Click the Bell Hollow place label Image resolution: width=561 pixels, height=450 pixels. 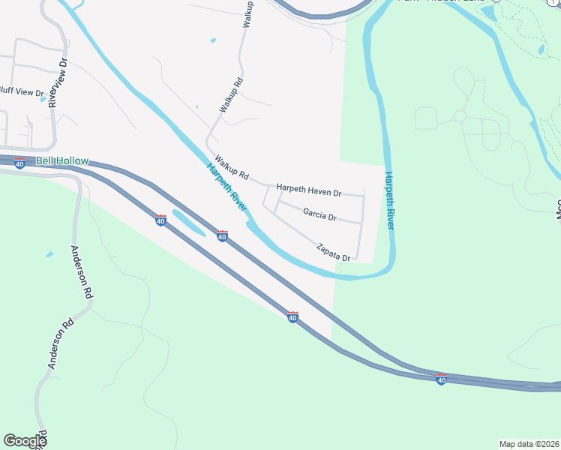62,161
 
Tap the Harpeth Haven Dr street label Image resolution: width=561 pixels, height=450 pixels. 308,190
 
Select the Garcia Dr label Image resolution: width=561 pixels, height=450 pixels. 320,215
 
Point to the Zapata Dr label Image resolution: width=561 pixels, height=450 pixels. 334,250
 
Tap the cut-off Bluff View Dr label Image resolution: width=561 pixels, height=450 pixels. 22,92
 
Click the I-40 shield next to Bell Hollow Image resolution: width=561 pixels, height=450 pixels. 20,163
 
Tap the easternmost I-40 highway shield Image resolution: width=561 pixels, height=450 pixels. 441,379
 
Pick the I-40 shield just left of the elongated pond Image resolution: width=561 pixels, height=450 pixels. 160,220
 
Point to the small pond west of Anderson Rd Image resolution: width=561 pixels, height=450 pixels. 49,254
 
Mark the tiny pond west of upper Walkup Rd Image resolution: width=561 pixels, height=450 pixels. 214,40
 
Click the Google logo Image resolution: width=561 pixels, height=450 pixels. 25,441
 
